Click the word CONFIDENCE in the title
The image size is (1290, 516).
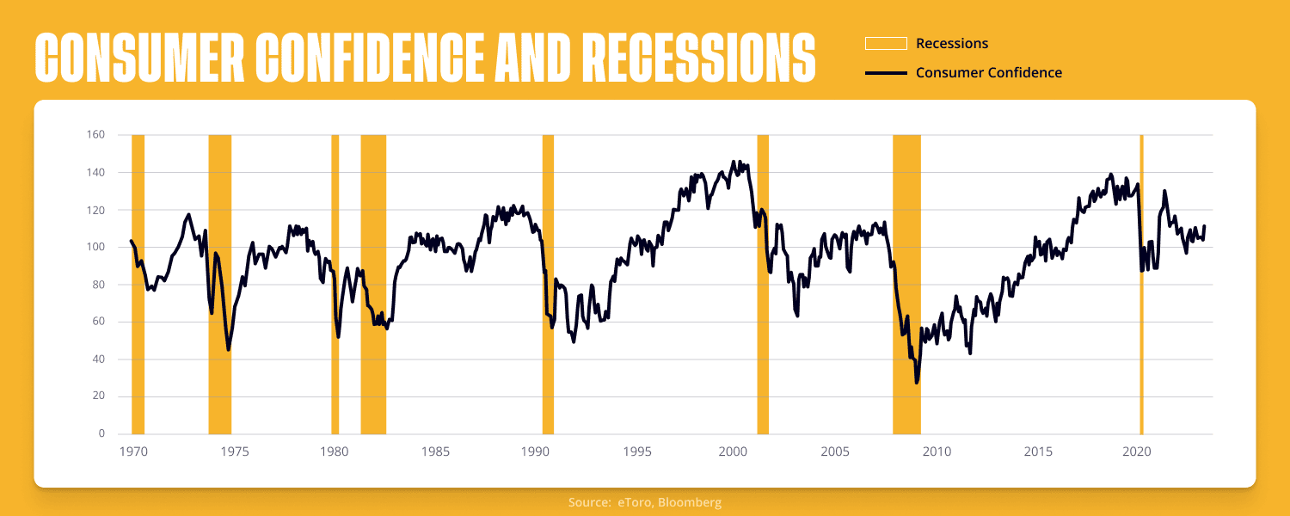click(x=371, y=58)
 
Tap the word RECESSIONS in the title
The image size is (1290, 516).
click(x=698, y=58)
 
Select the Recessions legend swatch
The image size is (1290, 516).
click(x=886, y=44)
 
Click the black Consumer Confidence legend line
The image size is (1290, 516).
click(x=886, y=73)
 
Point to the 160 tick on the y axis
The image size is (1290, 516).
click(x=95, y=135)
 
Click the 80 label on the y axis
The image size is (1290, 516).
click(x=99, y=285)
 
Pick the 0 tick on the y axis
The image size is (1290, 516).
click(x=102, y=433)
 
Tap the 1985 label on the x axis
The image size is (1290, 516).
click(x=435, y=452)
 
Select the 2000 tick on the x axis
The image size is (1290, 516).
click(x=733, y=452)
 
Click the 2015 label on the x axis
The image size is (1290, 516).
click(x=1038, y=452)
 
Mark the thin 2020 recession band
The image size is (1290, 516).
click(x=1141, y=285)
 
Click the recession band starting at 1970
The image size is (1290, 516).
click(x=138, y=285)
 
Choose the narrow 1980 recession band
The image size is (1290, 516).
click(x=335, y=285)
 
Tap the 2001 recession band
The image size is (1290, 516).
click(x=763, y=285)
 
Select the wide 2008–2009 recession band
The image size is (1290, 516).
click(x=907, y=285)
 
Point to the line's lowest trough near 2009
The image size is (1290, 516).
click(x=916, y=383)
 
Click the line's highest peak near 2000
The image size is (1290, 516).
click(x=734, y=162)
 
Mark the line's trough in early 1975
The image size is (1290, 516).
click(x=229, y=349)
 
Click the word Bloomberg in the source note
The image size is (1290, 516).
click(x=690, y=502)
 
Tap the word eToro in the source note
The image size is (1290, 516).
click(x=636, y=502)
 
